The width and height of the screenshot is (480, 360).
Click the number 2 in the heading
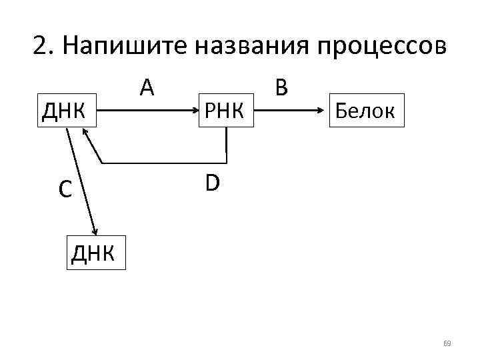40,47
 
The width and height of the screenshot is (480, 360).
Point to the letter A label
147,87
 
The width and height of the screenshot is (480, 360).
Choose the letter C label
64,190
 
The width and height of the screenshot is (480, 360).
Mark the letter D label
212,182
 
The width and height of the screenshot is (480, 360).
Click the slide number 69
447,343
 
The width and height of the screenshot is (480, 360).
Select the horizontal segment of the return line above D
163,162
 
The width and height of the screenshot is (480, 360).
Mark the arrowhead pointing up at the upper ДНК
85,132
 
